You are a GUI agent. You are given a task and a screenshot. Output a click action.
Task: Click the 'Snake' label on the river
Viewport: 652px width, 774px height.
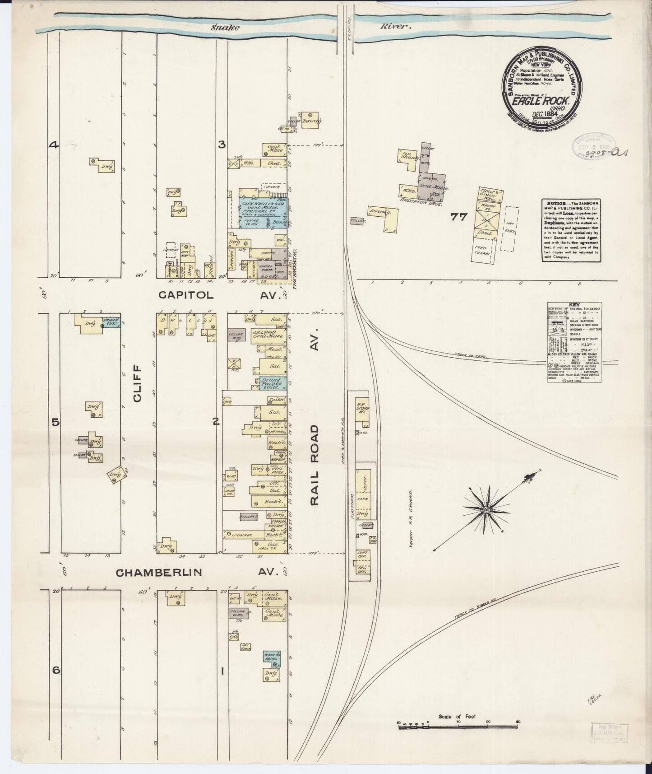point(225,27)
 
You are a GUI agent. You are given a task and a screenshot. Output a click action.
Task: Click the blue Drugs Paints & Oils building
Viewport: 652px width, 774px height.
point(272,383)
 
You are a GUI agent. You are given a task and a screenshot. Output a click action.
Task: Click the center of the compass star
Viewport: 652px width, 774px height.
point(486,510)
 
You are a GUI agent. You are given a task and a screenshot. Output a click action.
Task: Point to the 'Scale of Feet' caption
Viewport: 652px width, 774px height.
point(458,717)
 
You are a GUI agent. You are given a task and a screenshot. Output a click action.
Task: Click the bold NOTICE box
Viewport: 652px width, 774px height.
point(570,231)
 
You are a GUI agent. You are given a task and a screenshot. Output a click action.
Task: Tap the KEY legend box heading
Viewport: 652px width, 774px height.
point(574,305)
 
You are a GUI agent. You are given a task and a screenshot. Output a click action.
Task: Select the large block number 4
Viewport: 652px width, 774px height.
point(54,145)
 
